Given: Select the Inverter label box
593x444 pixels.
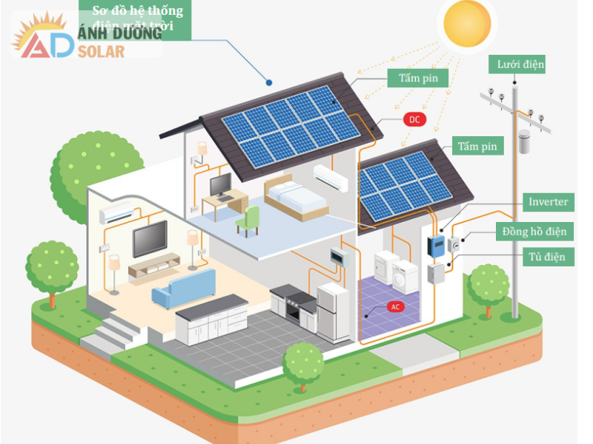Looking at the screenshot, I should click(x=549, y=202).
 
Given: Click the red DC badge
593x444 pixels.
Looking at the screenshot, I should click(x=414, y=118).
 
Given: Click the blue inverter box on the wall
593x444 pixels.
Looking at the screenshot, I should click(x=437, y=246).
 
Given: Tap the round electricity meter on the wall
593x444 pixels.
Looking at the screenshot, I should click(x=454, y=244).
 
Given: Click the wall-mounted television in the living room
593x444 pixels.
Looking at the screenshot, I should click(x=150, y=239).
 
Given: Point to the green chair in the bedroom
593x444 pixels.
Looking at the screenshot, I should click(x=249, y=220).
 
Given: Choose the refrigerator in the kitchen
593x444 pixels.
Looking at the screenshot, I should click(x=334, y=311).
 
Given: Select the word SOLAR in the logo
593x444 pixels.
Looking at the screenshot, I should click(x=101, y=51).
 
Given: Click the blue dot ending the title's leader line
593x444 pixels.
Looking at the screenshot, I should click(x=269, y=81).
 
